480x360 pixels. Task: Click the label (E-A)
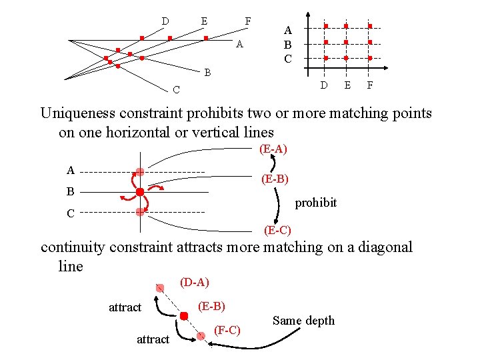point(273,149)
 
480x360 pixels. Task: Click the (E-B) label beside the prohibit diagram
point(274,179)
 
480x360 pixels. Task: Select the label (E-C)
point(277,231)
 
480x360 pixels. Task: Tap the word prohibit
point(315,203)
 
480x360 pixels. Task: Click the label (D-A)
point(195,283)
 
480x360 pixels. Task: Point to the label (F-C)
point(227,331)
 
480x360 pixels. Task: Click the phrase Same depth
point(303,321)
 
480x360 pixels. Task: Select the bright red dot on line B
point(140,192)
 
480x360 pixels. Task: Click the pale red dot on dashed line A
point(140,172)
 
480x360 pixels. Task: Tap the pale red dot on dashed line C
point(140,212)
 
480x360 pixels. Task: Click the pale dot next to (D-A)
point(160,288)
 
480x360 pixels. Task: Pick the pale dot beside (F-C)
point(201,336)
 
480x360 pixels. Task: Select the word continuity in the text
point(72,247)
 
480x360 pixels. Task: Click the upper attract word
point(125,307)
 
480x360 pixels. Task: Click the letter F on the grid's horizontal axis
point(370,85)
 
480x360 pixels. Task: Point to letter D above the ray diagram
point(165,21)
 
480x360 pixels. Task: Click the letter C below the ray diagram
point(175,89)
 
